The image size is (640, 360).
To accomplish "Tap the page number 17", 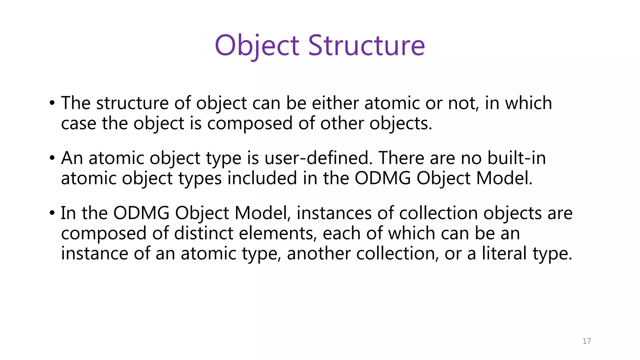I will [x=587, y=341].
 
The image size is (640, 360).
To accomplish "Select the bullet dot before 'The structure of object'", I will [x=52, y=103].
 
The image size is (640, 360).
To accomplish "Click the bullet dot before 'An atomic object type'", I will [x=52, y=158].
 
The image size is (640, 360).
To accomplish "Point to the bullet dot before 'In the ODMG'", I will [x=52, y=213].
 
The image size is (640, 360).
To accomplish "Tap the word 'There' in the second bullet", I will [x=401, y=158].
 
